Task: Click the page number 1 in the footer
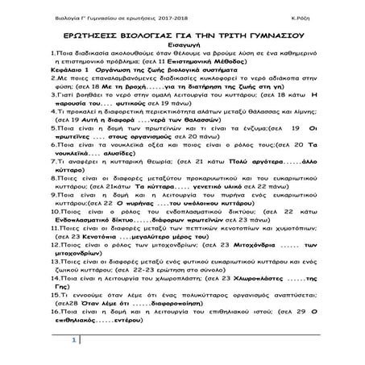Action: (75, 342)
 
